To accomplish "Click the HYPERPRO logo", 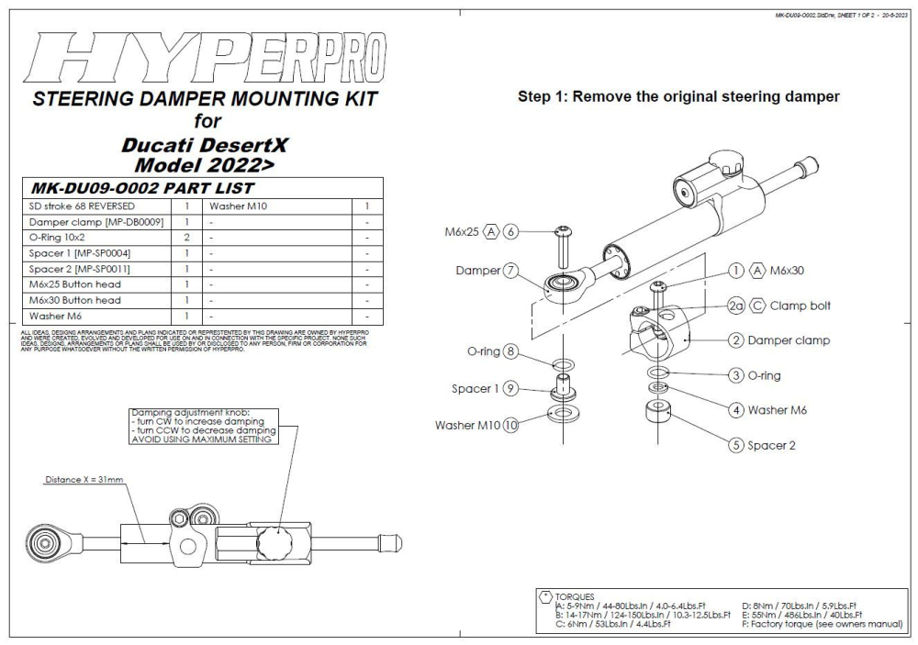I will click(x=207, y=59).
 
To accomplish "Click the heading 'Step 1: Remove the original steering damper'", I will click(x=678, y=95).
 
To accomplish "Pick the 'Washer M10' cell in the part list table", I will click(x=238, y=206).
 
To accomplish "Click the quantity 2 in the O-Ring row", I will click(x=185, y=237).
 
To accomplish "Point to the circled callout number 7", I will click(x=511, y=271).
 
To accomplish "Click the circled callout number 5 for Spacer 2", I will click(x=735, y=446).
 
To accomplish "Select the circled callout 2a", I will click(x=735, y=306).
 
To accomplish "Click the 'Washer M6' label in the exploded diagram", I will click(x=778, y=410).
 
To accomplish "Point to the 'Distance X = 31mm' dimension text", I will click(x=84, y=480).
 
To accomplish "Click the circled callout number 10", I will click(x=511, y=425).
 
